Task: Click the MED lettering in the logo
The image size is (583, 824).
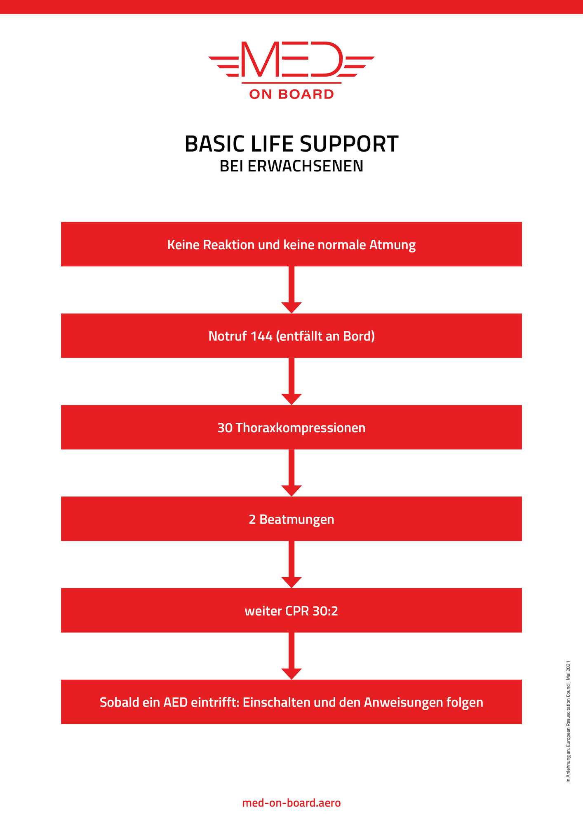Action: pos(291,60)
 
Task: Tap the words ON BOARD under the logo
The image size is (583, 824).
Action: pos(291,94)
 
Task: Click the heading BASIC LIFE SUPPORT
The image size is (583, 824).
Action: pos(291,144)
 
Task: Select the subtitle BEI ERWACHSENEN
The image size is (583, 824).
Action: pos(291,166)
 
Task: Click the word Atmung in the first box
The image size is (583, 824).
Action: pos(392,245)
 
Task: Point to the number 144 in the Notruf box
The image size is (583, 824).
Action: pos(261,336)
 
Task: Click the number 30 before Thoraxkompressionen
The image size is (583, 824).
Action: pos(225,428)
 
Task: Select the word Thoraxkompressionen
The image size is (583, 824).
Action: pos(301,428)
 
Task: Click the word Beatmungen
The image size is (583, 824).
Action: pos(297,520)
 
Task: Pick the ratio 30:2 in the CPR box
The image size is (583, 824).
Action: pos(325,611)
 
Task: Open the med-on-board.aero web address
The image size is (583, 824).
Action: pos(291,803)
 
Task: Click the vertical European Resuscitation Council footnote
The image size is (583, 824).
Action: pos(568,721)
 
